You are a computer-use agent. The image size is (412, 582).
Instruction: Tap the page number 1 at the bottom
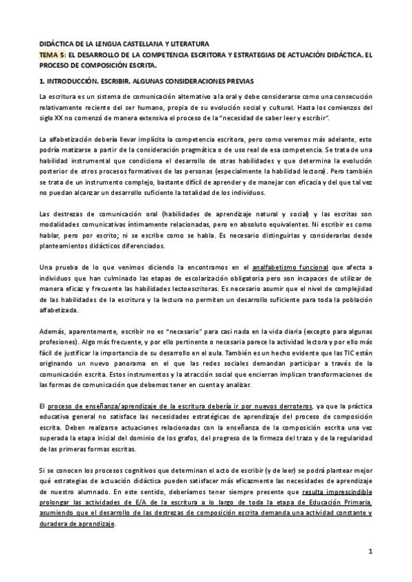(369, 551)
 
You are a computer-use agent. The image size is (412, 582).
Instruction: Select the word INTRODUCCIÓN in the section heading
(72, 82)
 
